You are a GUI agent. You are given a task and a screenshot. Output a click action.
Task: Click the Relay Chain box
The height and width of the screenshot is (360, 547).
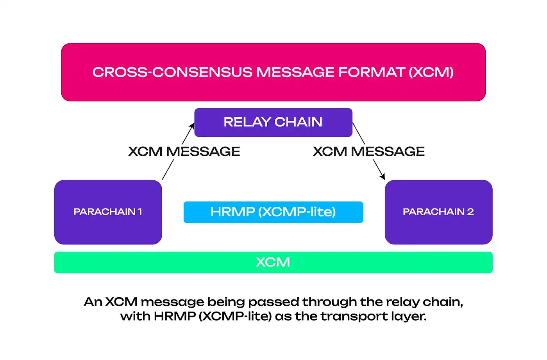coord(273,122)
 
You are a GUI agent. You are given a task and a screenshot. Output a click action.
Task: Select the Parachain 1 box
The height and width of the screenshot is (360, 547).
coord(108,212)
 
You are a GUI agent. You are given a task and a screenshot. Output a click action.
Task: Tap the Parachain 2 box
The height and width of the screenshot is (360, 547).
coord(438,212)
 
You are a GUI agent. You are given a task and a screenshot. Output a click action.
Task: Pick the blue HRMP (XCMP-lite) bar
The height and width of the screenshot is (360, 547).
coord(273,212)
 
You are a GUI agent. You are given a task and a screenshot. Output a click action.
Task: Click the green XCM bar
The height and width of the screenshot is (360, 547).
coord(273,262)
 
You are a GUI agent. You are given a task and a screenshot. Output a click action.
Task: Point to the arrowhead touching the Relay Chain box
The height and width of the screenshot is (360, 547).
coord(192,126)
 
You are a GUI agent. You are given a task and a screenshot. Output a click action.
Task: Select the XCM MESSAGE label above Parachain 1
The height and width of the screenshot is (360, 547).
coord(184,151)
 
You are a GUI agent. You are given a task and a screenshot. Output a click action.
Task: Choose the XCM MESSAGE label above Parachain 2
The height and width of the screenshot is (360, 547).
coord(368,151)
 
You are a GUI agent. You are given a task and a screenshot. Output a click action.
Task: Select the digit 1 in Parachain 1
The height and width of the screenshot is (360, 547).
coord(140,212)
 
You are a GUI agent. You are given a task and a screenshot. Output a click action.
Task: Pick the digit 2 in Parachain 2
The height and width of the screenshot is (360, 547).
coord(470,212)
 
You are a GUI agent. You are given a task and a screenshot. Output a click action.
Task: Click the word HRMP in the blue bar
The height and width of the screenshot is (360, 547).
coord(232,212)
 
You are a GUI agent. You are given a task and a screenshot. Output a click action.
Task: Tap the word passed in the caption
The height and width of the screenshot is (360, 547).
coord(273,302)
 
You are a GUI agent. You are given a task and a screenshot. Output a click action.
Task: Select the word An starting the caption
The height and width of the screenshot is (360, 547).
coord(93,302)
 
